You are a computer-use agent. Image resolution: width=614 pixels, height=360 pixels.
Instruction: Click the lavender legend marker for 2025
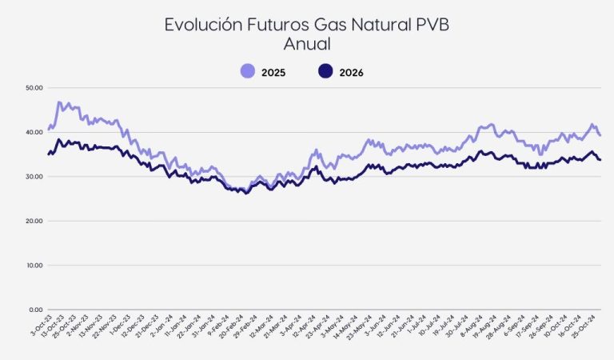248,72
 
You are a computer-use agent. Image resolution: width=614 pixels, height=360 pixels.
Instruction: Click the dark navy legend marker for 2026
325,72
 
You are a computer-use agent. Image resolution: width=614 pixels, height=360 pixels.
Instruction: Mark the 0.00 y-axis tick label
35,310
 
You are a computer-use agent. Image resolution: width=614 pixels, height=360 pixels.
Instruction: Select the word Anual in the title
307,44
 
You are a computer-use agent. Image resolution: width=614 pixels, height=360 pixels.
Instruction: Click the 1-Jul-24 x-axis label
417,327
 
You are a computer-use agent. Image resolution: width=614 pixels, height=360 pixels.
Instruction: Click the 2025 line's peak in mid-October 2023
59,102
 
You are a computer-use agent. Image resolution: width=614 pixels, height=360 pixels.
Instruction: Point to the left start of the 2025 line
48,128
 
